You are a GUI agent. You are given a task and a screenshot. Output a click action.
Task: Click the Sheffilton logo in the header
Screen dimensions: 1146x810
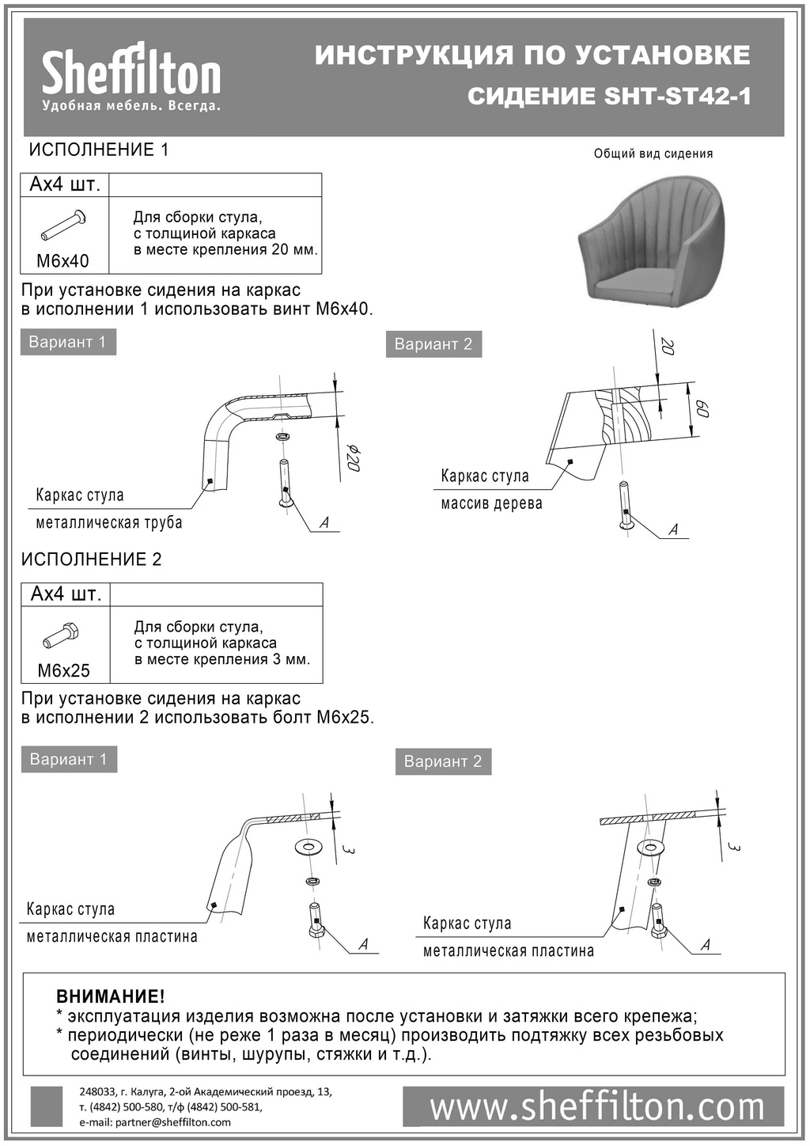(x=131, y=78)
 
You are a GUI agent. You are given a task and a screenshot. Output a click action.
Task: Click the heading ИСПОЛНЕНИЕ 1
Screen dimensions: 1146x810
(x=99, y=150)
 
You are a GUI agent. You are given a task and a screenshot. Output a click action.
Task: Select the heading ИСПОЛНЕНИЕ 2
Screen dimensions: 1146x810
(x=91, y=560)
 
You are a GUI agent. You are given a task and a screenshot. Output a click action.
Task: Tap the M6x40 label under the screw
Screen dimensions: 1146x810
(x=63, y=260)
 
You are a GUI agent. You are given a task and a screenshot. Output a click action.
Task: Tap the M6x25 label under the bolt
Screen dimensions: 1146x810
(x=64, y=670)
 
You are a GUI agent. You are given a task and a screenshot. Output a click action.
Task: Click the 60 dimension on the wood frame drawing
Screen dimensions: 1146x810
(x=702, y=409)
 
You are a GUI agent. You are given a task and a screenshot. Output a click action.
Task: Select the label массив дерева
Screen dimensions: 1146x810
(x=491, y=503)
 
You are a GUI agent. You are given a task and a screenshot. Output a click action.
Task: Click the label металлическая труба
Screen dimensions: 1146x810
(x=109, y=522)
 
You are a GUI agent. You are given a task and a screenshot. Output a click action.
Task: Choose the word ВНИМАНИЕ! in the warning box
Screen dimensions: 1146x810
(x=111, y=996)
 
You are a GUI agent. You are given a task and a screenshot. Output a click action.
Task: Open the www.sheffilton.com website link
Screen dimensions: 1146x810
(x=597, y=1107)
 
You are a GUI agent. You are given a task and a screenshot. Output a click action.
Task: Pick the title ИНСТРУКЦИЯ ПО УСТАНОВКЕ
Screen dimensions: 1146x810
(x=532, y=55)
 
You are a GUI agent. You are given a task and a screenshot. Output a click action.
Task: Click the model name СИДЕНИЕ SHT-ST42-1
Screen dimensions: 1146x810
(x=609, y=97)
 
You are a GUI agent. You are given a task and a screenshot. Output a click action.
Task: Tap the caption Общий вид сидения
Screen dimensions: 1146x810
(x=653, y=154)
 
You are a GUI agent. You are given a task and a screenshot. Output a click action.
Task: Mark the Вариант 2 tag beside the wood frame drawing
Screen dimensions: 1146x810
(x=433, y=344)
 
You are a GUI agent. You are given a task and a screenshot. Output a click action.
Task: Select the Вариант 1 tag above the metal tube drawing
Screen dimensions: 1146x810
(x=67, y=342)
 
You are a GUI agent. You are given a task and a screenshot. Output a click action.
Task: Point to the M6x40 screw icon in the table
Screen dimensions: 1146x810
(x=63, y=225)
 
